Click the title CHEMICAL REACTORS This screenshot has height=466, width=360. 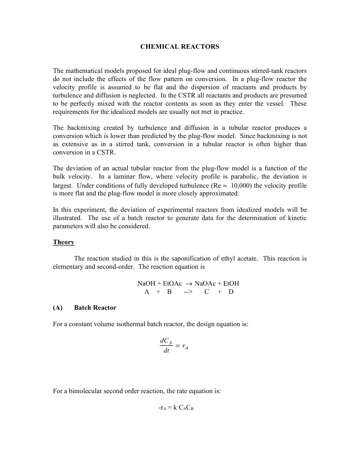180,46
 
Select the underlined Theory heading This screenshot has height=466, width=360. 63,242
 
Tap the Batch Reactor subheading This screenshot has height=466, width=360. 95,308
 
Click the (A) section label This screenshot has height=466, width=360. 57,308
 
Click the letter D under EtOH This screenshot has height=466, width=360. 231,292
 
